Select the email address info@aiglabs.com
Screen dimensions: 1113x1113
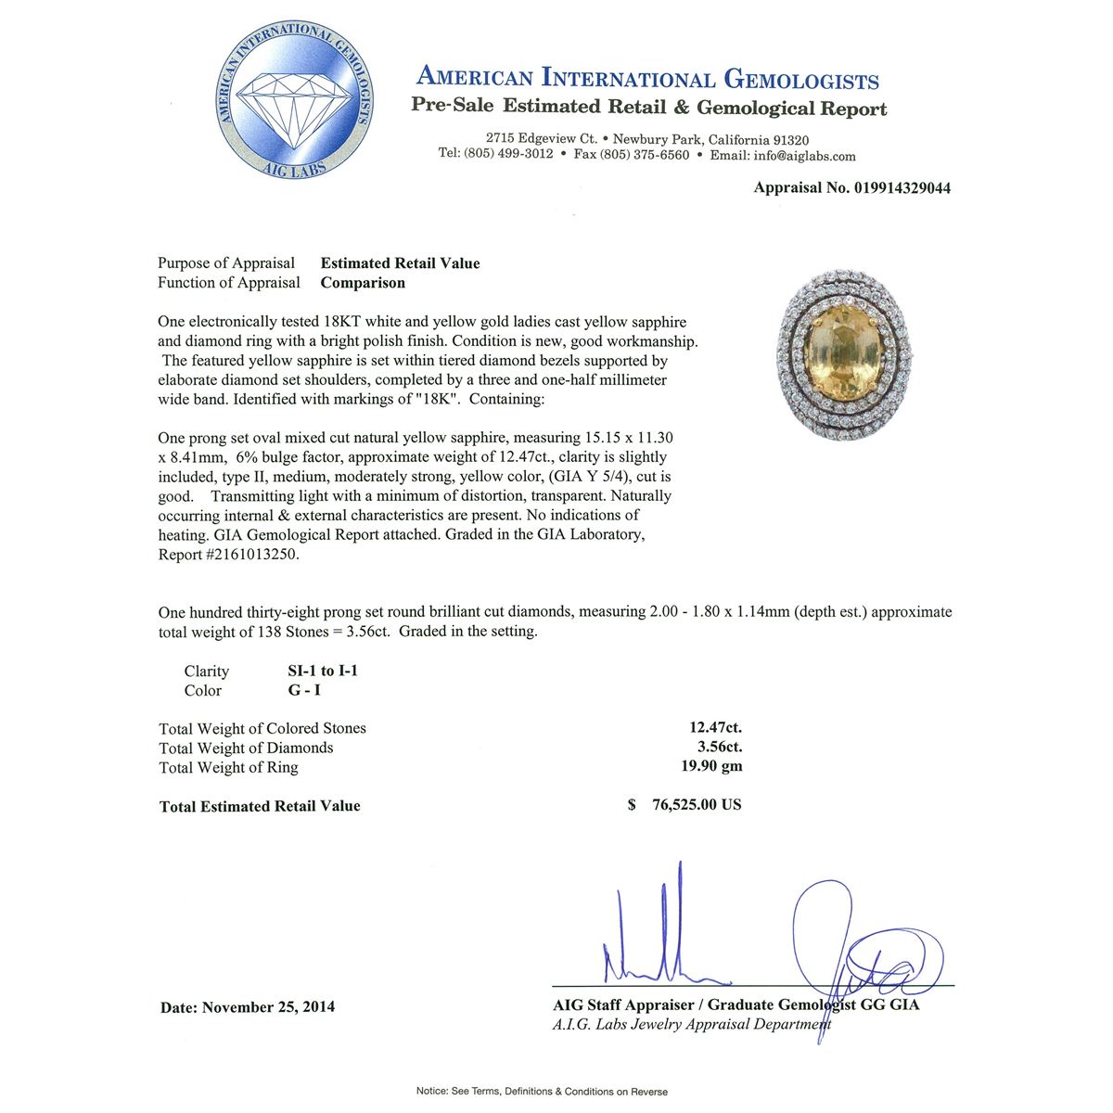tap(804, 156)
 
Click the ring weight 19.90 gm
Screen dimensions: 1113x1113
tap(711, 766)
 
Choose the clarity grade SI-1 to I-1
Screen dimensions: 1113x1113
tap(323, 671)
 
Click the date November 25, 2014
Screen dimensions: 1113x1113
tap(268, 1007)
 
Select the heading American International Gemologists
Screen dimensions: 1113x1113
tap(647, 78)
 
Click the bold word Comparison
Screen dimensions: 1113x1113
tap(363, 283)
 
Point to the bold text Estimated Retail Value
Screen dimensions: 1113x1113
tap(400, 263)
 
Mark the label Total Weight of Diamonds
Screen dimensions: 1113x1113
tap(246, 748)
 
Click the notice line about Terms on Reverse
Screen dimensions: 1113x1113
tap(542, 1092)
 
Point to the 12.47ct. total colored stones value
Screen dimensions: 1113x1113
tap(716, 728)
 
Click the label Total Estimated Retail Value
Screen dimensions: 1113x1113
tap(260, 806)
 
